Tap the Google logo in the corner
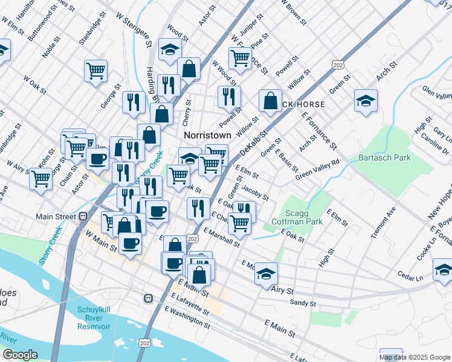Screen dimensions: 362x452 (x=20, y=355)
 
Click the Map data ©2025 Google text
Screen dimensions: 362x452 (x=414, y=357)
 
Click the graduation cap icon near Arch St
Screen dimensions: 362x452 (x=366, y=101)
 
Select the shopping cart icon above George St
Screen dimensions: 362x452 (x=95, y=71)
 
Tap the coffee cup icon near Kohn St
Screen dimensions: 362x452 (x=97, y=159)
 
